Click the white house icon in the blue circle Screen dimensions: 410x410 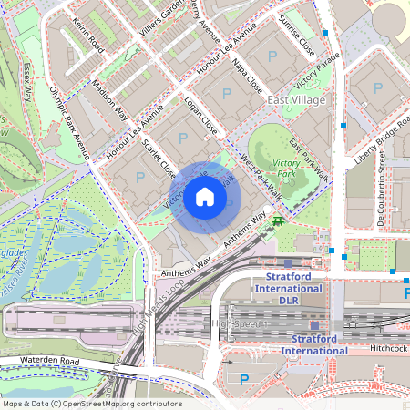point(205,197)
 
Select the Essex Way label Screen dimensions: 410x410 point(26,83)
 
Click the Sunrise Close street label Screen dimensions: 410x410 point(297,35)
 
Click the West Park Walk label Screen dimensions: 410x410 point(260,172)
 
